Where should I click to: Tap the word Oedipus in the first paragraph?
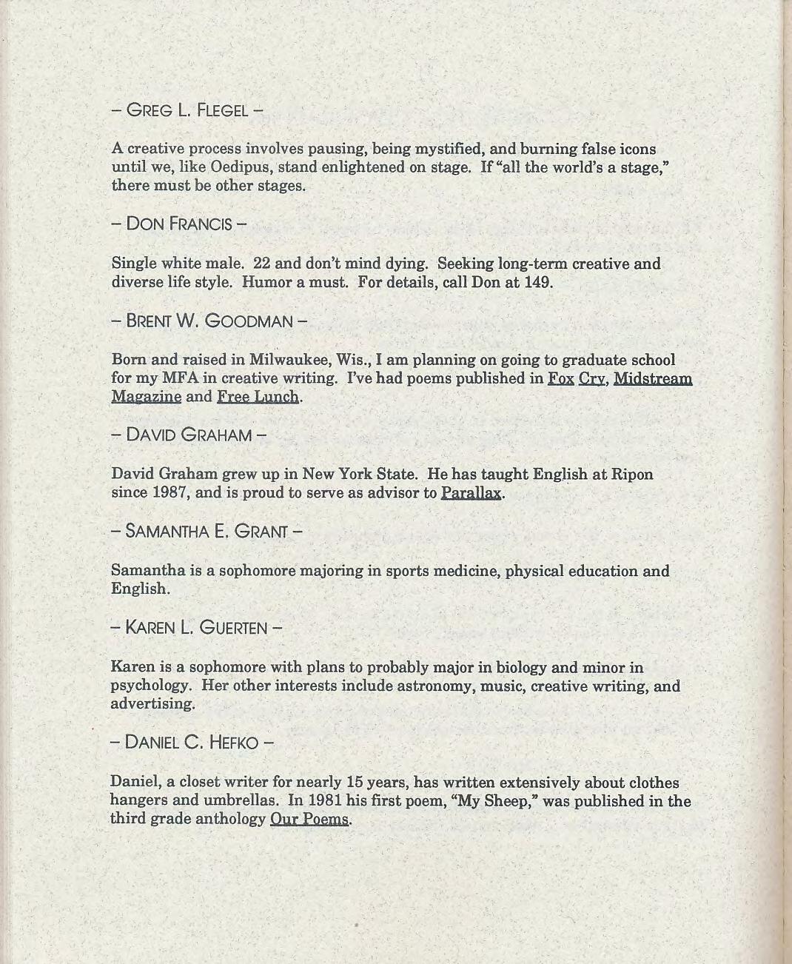pos(241,167)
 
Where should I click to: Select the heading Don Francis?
pos(179,224)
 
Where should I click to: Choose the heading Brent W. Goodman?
pos(209,321)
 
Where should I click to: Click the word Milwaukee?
pos(289,360)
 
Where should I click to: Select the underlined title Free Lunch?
pos(258,397)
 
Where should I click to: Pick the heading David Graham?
pos(189,435)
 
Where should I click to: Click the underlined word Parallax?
pos(471,492)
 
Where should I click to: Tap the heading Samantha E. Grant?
pos(207,531)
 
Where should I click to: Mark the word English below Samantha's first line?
pos(139,589)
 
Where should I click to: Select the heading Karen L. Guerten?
pos(196,628)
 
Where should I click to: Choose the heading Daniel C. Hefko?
pos(192,742)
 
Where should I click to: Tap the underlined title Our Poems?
pos(309,819)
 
